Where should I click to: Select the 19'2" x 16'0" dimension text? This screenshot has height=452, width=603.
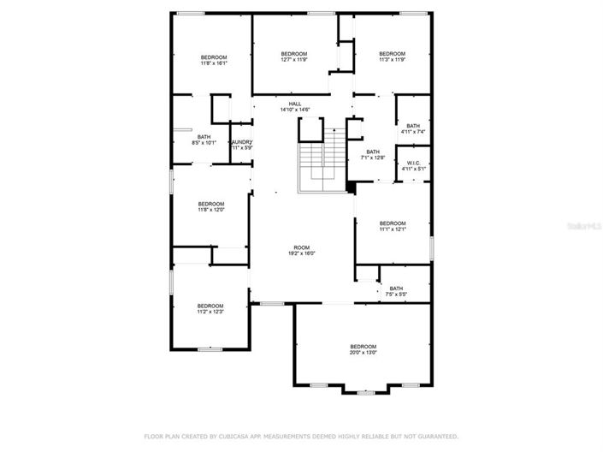pyautogui.click(x=295, y=253)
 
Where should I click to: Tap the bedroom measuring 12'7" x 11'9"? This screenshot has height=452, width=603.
pyautogui.click(x=293, y=56)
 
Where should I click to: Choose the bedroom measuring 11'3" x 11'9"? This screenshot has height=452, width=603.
pyautogui.click(x=392, y=56)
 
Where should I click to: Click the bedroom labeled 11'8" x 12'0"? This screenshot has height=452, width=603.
pyautogui.click(x=210, y=206)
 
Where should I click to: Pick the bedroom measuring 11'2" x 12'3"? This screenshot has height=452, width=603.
pyautogui.click(x=210, y=308)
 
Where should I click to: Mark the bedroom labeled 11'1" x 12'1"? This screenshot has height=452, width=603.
pyautogui.click(x=392, y=226)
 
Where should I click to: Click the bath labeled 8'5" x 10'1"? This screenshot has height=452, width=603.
pyautogui.click(x=204, y=140)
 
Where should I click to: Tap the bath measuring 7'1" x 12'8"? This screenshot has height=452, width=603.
pyautogui.click(x=373, y=154)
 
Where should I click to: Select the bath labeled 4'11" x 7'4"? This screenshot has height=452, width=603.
pyautogui.click(x=413, y=128)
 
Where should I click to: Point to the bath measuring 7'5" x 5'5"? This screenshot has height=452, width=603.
pyautogui.click(x=396, y=291)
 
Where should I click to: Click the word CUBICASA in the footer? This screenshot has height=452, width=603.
pyautogui.click(x=224, y=436)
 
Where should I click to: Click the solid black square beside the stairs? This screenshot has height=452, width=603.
pyautogui.click(x=351, y=187)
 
